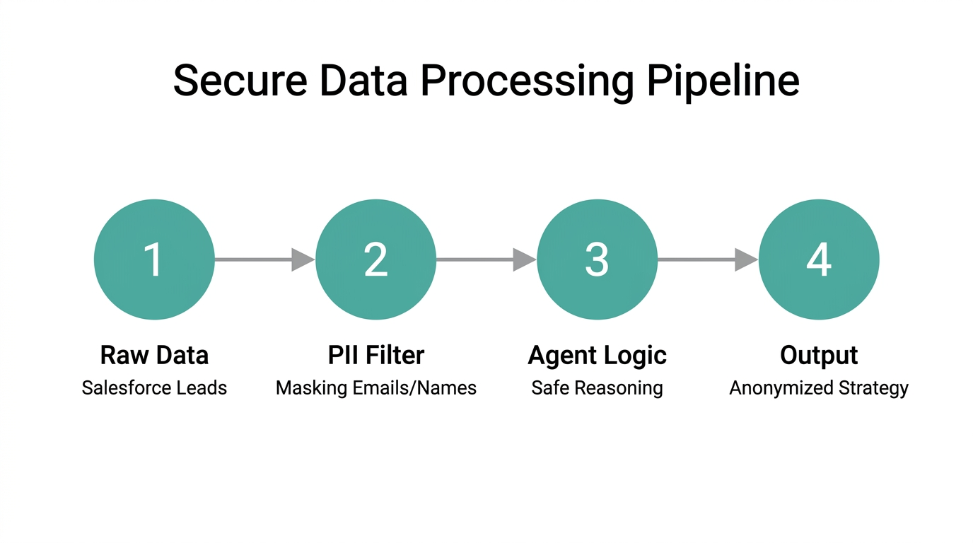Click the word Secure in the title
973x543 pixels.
[240, 81]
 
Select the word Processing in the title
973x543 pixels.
[527, 81]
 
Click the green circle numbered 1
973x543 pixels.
[154, 259]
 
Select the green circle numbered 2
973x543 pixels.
[375, 259]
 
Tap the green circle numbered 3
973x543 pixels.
[597, 259]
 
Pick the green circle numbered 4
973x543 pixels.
[819, 259]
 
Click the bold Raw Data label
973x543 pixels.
[154, 355]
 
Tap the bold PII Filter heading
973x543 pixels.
[375, 355]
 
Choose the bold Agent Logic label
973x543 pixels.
[597, 355]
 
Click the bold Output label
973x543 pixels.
[819, 355]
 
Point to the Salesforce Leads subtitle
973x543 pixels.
[154, 387]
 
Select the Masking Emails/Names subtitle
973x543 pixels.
[375, 387]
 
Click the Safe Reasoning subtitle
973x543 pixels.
[597, 387]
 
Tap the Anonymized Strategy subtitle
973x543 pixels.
[819, 387]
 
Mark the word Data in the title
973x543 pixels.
[363, 81]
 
